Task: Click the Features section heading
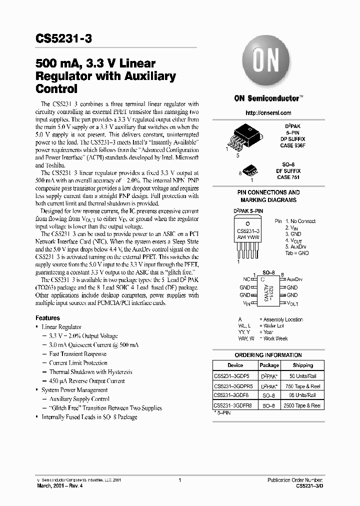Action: (47, 318)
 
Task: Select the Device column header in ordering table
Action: (235, 365)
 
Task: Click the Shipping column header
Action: (303, 365)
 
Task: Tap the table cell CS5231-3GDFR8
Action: (233, 405)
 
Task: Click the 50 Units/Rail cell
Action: (302, 375)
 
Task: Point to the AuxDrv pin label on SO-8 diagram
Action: (294, 279)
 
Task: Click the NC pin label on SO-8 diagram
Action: (246, 279)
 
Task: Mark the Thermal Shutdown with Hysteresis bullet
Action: (90, 372)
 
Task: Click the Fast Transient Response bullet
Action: (77, 354)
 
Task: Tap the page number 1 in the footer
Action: (179, 480)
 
